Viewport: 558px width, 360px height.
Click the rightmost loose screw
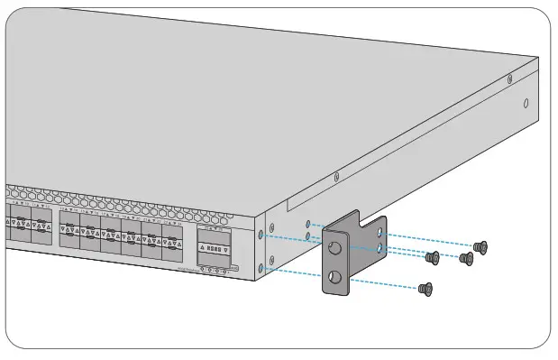pos(480,245)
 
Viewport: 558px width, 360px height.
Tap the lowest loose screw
pos(427,289)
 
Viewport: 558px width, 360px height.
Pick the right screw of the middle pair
pos(466,259)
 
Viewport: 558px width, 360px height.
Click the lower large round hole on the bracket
pos(335,279)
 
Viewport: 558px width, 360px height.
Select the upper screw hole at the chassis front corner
pos(262,234)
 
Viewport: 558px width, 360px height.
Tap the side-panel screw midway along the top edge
pos(336,177)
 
